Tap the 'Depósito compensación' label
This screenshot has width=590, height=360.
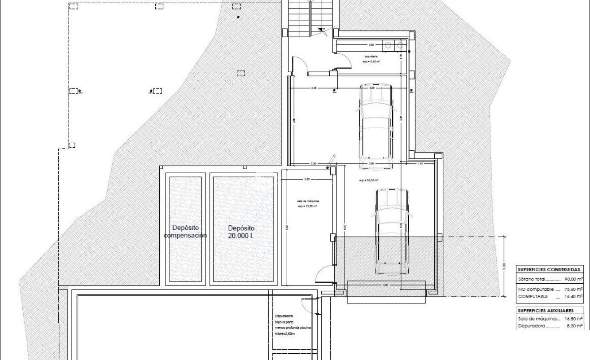pos(185,232)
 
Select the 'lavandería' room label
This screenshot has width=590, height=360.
pos(371,57)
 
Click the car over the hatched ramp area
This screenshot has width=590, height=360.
pos(392,231)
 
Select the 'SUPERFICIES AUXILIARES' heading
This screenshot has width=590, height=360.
pos(546,310)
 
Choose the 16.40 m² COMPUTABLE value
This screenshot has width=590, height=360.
pos(576,297)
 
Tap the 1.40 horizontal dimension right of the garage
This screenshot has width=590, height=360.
pos(420,164)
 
